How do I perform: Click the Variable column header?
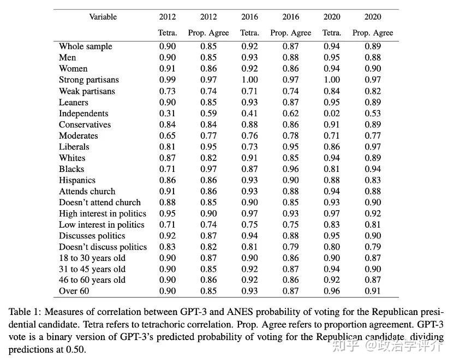(103, 17)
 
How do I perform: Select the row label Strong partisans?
(89, 80)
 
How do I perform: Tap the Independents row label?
(83, 114)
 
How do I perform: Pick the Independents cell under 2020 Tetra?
(332, 114)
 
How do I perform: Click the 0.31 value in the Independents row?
(168, 114)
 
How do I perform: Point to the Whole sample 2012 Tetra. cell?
(168, 46)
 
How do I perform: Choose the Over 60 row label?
(74, 291)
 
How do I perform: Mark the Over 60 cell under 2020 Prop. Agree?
(373, 291)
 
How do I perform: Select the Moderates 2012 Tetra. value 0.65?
(168, 135)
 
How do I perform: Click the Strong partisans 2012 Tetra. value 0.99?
(168, 80)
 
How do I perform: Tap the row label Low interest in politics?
(101, 225)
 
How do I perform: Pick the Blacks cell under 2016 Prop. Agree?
(291, 169)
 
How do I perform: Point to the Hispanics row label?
(77, 180)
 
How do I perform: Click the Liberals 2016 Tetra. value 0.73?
(249, 147)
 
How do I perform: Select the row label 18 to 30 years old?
(92, 258)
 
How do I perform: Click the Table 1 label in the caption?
(26, 312)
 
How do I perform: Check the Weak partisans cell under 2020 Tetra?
(332, 91)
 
